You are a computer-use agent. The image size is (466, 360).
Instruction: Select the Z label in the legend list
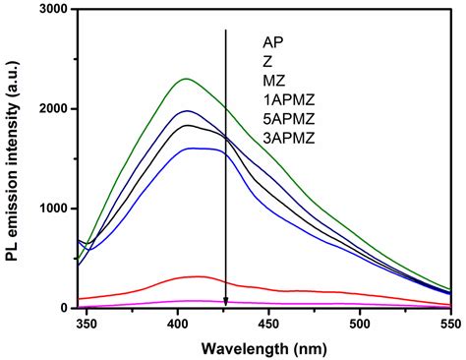[x=267, y=61]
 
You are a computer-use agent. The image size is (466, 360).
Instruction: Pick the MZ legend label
[x=273, y=79]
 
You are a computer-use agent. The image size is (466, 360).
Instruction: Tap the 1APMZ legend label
[x=286, y=96]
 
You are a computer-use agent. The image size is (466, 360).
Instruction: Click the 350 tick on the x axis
[x=87, y=324]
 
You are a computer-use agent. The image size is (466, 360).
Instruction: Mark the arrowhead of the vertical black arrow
[x=226, y=303]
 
